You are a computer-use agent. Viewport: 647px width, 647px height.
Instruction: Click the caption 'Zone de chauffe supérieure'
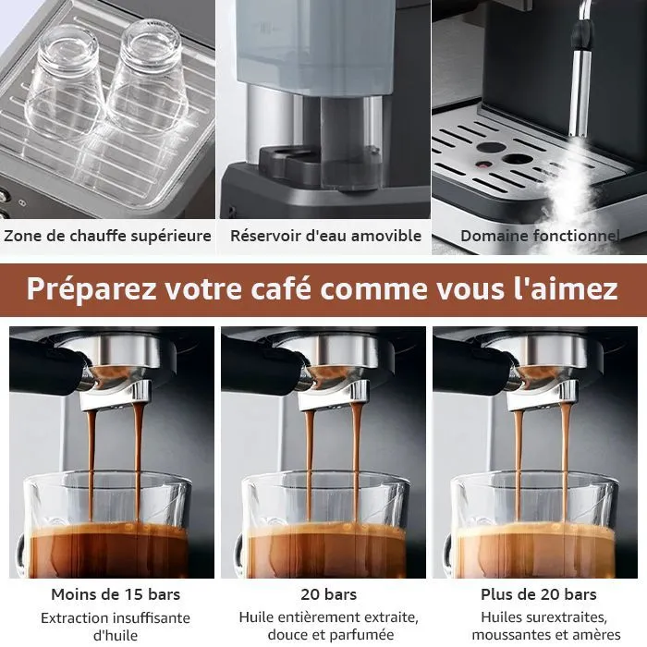[107, 236]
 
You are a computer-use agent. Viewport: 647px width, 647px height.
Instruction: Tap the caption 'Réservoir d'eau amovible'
[325, 236]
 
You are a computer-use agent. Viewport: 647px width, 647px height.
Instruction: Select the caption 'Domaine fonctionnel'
[540, 236]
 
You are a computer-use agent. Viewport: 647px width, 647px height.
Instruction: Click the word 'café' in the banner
[281, 288]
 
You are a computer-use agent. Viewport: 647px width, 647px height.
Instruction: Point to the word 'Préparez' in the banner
[92, 289]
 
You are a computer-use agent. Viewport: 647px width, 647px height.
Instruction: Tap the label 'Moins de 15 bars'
[116, 594]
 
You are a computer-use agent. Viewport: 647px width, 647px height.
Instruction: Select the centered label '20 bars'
[328, 594]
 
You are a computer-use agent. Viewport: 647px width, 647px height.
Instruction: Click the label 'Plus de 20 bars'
[539, 594]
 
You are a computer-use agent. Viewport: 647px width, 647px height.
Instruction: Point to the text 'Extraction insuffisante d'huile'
[116, 627]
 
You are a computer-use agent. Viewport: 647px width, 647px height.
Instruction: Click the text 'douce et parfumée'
[331, 634]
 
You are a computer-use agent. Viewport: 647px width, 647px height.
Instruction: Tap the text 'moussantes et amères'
[546, 634]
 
